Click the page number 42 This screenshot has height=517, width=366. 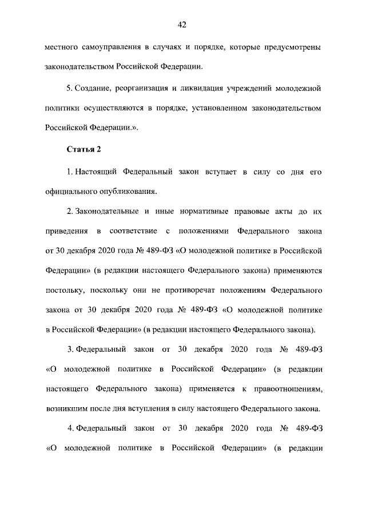pos(182,24)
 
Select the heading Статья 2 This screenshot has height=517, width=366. pos(83,150)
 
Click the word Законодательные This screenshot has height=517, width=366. pos(105,212)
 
